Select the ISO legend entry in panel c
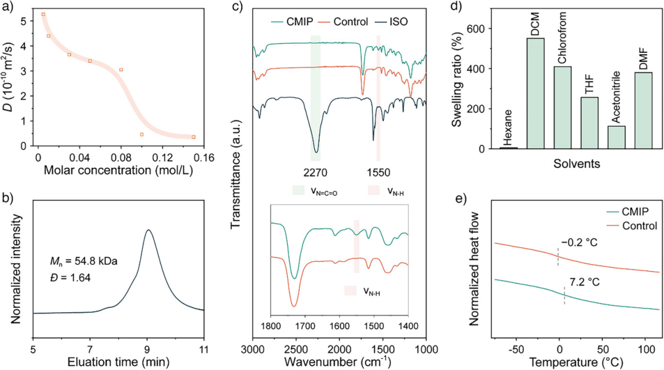(401, 22)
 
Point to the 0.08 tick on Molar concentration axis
(121, 157)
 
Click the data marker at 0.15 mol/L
(194, 137)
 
